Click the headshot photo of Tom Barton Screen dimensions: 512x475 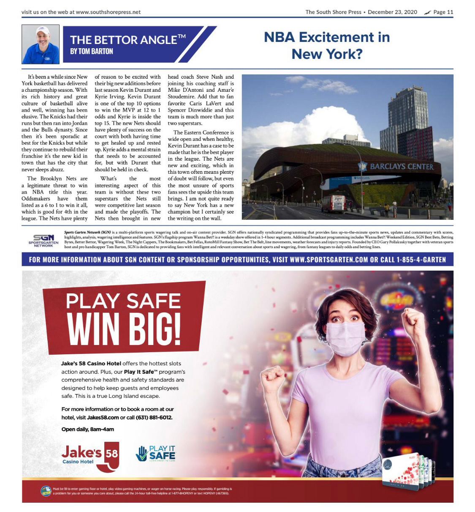click(x=41, y=44)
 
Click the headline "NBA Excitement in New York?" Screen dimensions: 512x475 click(x=326, y=45)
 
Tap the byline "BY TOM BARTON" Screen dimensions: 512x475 click(x=92, y=52)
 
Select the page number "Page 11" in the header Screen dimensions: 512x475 click(x=443, y=12)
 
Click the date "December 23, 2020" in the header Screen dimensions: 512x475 click(x=392, y=12)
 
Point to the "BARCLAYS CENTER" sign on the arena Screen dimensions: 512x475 click(x=401, y=167)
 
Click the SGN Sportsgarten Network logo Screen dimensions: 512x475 click(x=43, y=240)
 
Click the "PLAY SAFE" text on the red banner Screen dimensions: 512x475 click(x=123, y=301)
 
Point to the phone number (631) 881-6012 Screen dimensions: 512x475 click(x=154, y=417)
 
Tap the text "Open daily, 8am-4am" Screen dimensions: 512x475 click(x=87, y=429)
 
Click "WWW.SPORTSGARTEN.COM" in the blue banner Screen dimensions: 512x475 click(x=328, y=260)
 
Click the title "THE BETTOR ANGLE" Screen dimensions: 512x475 click(x=128, y=40)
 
